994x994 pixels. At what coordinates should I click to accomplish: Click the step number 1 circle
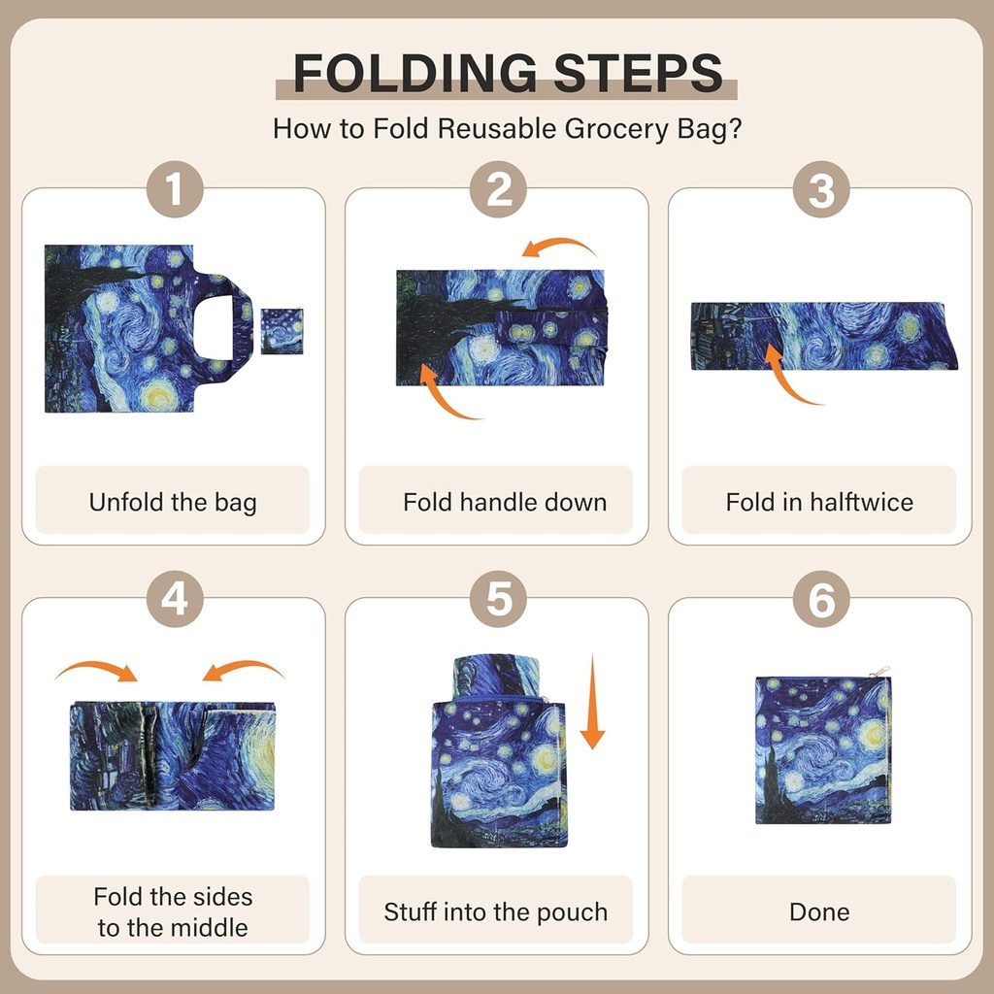[175, 189]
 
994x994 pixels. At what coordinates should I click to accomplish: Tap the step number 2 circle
[498, 189]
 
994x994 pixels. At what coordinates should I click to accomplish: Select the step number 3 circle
[821, 189]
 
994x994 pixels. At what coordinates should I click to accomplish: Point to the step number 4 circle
[175, 598]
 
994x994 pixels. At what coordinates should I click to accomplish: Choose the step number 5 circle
[498, 598]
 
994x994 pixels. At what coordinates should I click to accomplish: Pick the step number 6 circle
[821, 598]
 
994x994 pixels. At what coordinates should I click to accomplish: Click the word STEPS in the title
[639, 73]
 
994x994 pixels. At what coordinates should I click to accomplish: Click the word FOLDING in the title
[415, 73]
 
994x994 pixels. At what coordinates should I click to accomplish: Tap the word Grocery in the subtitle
[616, 129]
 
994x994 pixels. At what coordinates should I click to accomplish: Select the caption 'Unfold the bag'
[173, 502]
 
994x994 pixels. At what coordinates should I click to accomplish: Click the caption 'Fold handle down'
[505, 502]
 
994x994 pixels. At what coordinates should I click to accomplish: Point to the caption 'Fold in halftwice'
[819, 502]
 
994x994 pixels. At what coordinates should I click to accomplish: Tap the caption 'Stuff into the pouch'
[496, 911]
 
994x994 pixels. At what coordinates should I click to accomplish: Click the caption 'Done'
[819, 911]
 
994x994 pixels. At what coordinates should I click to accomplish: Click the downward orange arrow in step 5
[593, 701]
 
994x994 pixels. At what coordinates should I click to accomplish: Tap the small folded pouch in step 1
[282, 331]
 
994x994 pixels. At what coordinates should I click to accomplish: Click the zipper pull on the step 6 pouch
[879, 672]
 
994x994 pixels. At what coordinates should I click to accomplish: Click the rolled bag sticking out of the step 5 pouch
[496, 677]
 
